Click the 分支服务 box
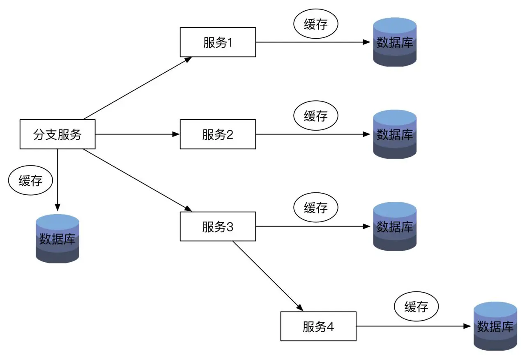click(58, 134)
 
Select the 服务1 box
click(218, 42)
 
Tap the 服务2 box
click(218, 134)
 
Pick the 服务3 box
click(218, 226)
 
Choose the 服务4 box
click(318, 326)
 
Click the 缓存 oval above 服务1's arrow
click(315, 25)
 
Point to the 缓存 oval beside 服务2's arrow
click(315, 116)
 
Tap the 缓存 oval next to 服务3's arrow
click(315, 208)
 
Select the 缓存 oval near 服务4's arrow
click(416, 307)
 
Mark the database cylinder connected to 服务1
click(395, 42)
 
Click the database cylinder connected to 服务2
click(395, 134)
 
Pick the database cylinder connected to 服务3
click(395, 226)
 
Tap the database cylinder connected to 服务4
click(495, 326)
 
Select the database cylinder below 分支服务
click(58, 239)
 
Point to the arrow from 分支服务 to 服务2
click(138, 134)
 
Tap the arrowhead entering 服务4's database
click(467, 326)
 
